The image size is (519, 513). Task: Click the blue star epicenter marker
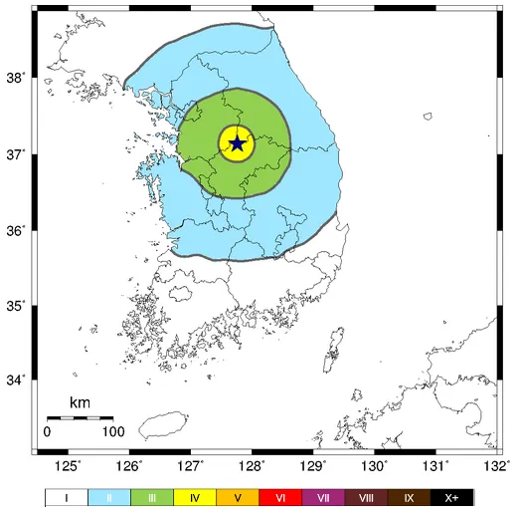[x=238, y=143]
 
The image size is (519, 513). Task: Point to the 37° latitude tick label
[x=17, y=154]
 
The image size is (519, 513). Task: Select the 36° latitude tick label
[x=17, y=230]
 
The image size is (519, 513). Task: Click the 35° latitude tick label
[x=17, y=306]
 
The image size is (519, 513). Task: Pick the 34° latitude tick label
[x=17, y=381]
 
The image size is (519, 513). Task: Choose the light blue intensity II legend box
[x=109, y=497]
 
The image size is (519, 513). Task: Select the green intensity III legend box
[x=152, y=497]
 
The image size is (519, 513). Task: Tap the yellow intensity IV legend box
[x=195, y=497]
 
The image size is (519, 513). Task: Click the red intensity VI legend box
[x=280, y=497]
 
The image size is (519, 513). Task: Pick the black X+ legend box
[x=451, y=497]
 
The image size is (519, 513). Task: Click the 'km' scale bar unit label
[x=80, y=403]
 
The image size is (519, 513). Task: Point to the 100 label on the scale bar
[x=111, y=432]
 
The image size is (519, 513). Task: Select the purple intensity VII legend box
[x=323, y=497]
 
